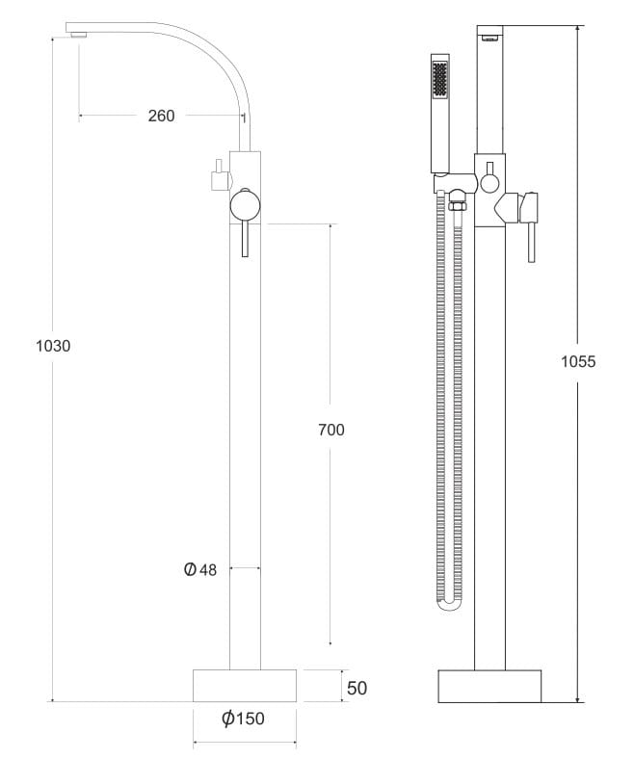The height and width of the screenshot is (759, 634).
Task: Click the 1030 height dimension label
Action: tap(53, 346)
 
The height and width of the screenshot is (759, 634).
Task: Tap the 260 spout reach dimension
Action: tap(161, 116)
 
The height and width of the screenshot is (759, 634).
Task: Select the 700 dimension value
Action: tap(331, 430)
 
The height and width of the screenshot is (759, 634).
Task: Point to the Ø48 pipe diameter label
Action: tap(200, 569)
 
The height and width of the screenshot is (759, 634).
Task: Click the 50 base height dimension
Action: tap(357, 688)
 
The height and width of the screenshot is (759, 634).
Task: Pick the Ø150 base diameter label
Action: tap(243, 719)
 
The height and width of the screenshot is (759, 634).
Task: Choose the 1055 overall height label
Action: tap(578, 361)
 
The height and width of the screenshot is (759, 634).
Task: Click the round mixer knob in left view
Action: tap(245, 205)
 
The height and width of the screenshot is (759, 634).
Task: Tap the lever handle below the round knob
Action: tap(245, 239)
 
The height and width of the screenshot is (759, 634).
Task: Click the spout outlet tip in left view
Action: tap(77, 35)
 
